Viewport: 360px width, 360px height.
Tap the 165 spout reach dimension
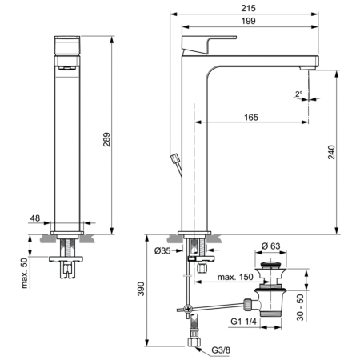pyautogui.click(x=250, y=117)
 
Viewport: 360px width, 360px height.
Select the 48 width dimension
pyautogui.click(x=36, y=218)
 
